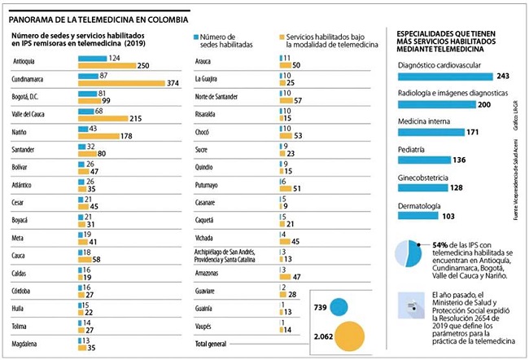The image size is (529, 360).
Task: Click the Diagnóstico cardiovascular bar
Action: [x=444, y=76]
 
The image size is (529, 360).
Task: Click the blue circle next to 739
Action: [x=339, y=307]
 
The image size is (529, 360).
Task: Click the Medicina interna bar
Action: [x=431, y=132]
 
